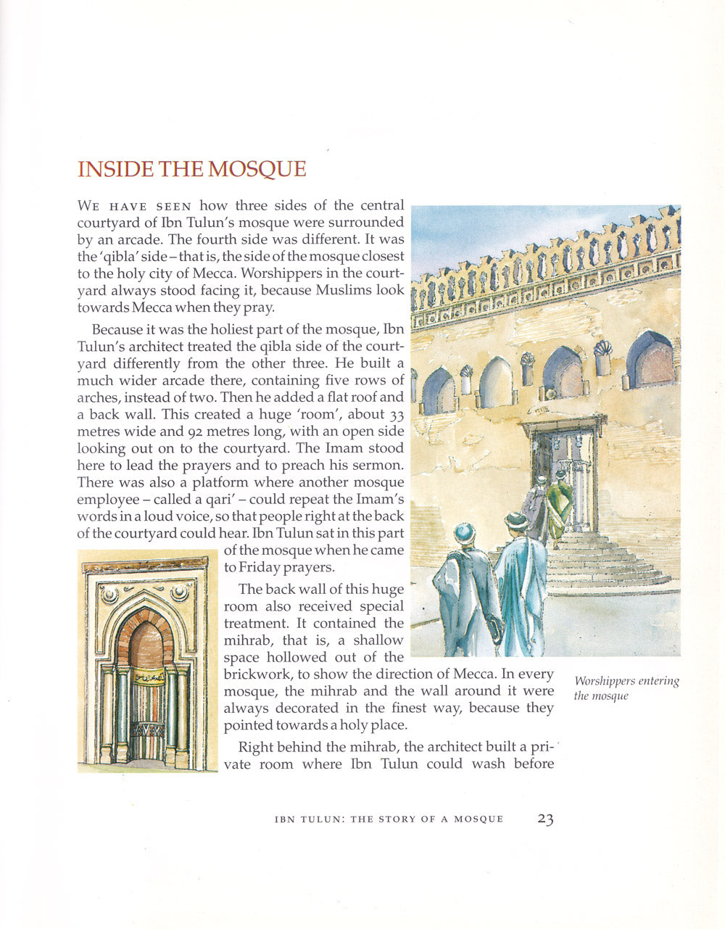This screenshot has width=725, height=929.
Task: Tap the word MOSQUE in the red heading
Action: (x=257, y=170)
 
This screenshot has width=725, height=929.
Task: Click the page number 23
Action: (x=545, y=819)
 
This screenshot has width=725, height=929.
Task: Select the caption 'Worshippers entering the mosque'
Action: (x=626, y=688)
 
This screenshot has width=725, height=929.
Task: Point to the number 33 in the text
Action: (x=397, y=416)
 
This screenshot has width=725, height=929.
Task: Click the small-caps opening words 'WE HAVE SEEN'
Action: (x=134, y=207)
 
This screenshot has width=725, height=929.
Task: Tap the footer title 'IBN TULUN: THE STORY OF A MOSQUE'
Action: (x=389, y=819)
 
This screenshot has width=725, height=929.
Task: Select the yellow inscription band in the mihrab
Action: (x=147, y=679)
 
